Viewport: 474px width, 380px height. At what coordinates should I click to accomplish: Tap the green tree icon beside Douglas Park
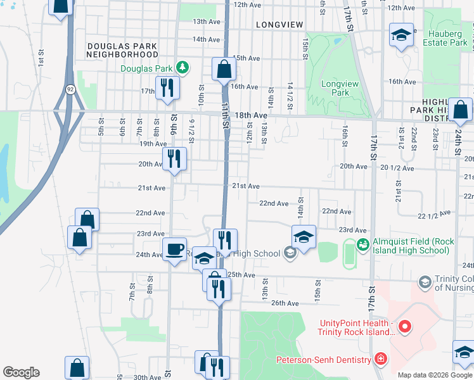point(182,67)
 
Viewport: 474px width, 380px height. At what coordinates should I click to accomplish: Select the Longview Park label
point(335,88)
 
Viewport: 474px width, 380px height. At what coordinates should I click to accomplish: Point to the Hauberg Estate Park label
point(447,38)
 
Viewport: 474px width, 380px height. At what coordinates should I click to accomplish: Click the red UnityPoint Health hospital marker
point(404,327)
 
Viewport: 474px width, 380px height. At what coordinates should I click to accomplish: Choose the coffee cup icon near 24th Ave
point(174,248)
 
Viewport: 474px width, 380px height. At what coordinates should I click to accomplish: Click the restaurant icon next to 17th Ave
point(167,87)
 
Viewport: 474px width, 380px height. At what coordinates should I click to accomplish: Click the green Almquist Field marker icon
point(362,243)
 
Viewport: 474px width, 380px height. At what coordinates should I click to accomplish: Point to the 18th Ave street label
point(251,116)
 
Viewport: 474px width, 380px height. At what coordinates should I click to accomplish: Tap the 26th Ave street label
point(285,303)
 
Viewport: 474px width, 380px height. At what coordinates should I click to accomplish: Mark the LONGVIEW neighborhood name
point(277,24)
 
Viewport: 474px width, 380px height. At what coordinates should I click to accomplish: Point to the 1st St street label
point(40,58)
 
